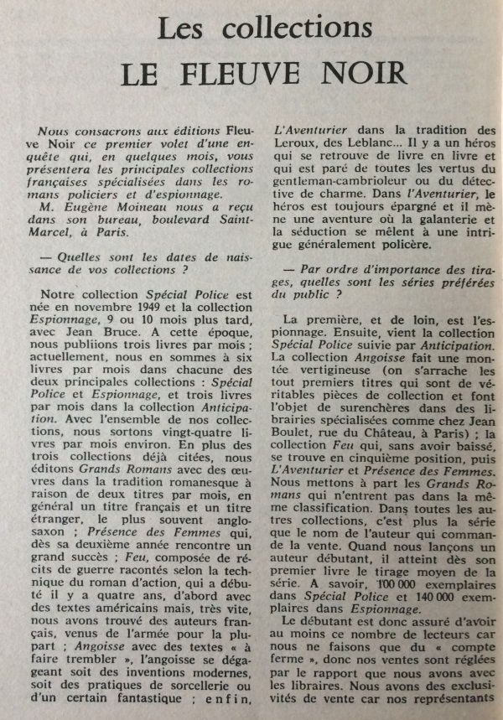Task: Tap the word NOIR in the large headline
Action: click(367, 75)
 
